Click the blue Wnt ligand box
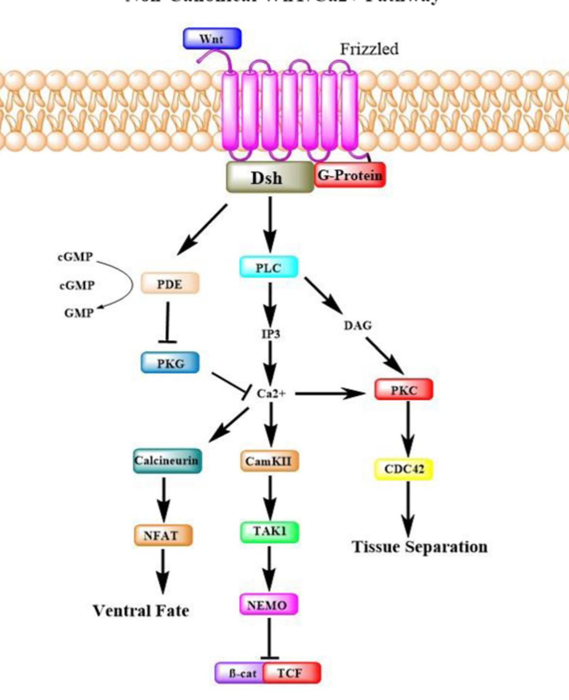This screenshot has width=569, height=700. tap(212, 39)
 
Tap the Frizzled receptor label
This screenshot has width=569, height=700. tap(369, 49)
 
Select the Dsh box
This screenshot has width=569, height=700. tap(270, 177)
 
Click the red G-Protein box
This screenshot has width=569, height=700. tap(350, 175)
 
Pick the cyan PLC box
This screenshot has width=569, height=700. tap(269, 267)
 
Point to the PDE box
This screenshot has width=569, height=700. tap(170, 284)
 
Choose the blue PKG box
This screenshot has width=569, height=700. tap(170, 363)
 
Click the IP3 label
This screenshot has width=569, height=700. tap(270, 333)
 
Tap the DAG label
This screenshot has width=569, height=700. tap(358, 325)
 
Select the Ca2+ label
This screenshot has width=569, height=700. tap(271, 393)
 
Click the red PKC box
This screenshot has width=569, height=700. tap(403, 390)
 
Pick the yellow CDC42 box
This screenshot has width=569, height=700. tap(404, 469)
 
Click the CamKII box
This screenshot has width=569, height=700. tap(269, 461)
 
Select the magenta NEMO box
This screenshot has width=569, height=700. tap(268, 605)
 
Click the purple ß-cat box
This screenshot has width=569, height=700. tap(240, 673)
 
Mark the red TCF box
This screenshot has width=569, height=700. tap(291, 673)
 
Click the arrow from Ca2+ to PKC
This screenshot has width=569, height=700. tap(331, 394)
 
